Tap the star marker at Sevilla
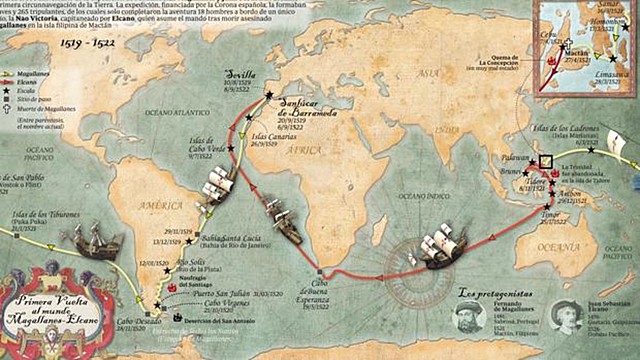click(x=269, y=94)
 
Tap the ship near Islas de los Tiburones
click(x=96, y=240)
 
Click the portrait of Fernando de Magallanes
click(x=478, y=324)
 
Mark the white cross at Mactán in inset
click(x=566, y=43)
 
